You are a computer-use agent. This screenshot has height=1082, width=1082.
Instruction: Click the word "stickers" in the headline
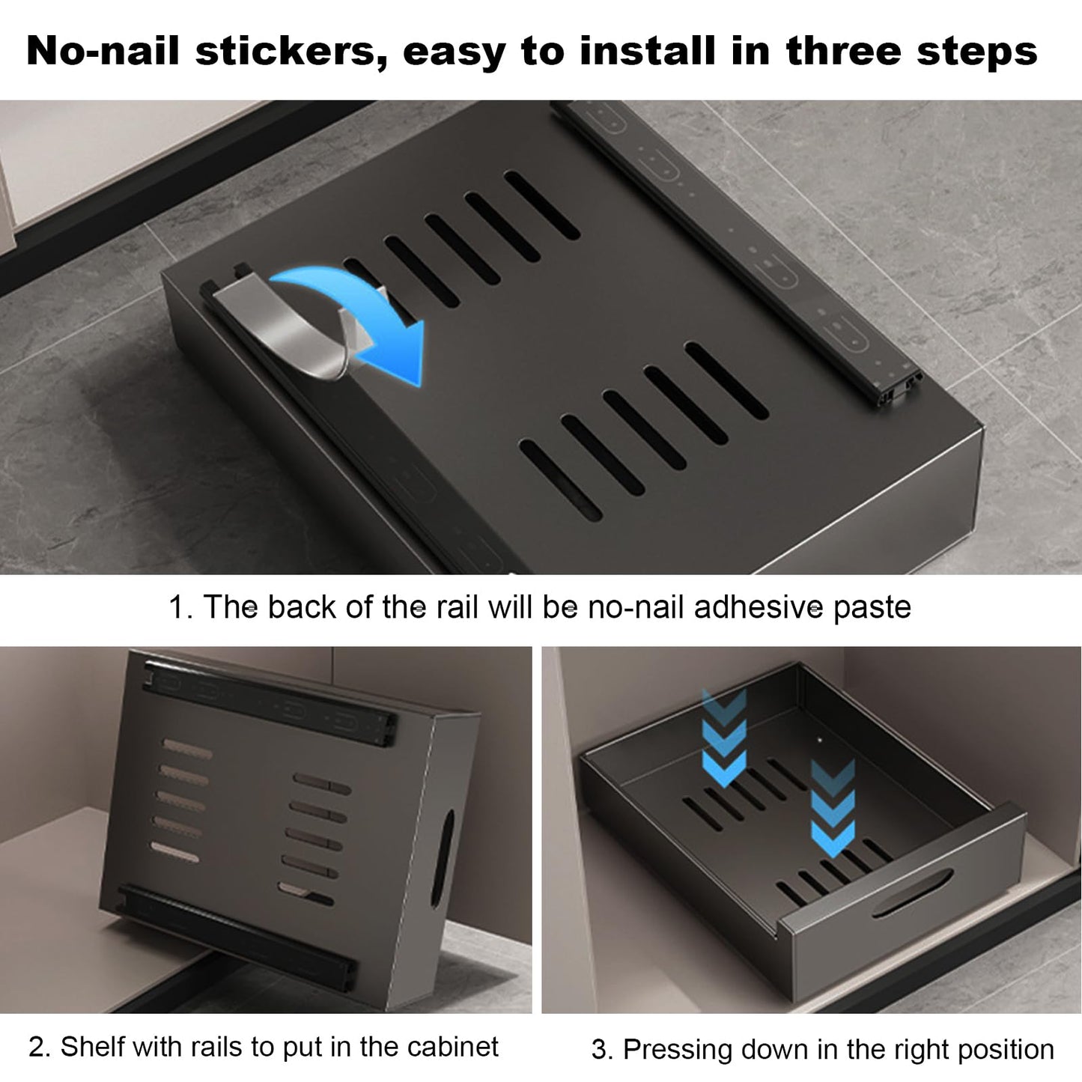pos(291,52)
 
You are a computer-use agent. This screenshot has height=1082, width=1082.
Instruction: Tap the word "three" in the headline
pos(844,51)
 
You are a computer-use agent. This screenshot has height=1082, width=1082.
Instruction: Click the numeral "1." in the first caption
pos(180,607)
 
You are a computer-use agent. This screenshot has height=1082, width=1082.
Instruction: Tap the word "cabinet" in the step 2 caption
pos(452,1047)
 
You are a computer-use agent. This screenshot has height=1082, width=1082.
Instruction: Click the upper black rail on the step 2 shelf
pos(270,703)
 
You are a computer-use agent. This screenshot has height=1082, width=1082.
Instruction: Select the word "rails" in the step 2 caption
pos(216,1047)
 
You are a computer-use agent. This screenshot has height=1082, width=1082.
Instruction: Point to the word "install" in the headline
pos(648,51)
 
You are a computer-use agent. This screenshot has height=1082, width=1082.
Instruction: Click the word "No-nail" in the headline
pos(103,52)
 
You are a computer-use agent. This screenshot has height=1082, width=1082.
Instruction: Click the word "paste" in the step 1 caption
pos(872,608)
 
